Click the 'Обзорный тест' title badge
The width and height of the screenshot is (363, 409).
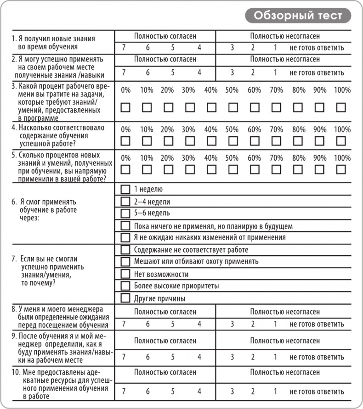pos(298,16)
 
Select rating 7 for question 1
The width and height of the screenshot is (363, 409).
pos(124,48)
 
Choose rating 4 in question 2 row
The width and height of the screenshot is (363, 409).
pos(199,72)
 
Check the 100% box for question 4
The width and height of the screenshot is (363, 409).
pos(341,140)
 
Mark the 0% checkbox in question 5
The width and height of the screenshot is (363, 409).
pos(125,169)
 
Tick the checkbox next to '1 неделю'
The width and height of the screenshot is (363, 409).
pos(125,189)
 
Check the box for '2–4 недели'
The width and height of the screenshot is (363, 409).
pos(125,201)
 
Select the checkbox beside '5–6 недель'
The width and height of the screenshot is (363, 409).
pos(125,213)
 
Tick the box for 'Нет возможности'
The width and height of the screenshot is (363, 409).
pos(125,274)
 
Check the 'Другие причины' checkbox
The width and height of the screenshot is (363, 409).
pos(125,298)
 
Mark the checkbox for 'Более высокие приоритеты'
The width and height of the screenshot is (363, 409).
pos(125,286)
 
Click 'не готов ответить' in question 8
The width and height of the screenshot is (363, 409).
pos(317,324)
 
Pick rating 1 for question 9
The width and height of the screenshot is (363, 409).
pos(275,357)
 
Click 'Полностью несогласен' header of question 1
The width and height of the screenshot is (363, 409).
pos(285,36)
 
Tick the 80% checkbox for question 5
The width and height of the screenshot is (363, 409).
pos(298,169)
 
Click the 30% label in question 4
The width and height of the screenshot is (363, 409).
pos(188,129)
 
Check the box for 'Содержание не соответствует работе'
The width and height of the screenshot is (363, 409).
pos(125,250)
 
